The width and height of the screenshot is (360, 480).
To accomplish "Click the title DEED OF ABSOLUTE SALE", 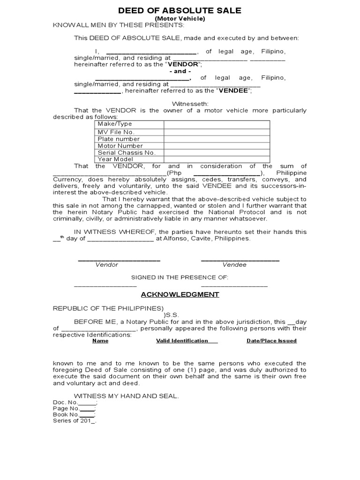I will point(180,10).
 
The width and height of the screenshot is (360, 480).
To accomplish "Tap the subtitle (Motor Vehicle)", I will point(180,18).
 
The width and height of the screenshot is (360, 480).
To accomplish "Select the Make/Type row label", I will point(115,124).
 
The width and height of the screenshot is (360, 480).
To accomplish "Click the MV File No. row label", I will point(116,132).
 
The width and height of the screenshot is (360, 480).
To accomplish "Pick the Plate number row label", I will point(119,139).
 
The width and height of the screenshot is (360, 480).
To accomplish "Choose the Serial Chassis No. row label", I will point(126,152).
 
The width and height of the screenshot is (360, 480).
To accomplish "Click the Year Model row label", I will point(115,159).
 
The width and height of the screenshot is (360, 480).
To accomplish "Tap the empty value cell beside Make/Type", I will point(217,124).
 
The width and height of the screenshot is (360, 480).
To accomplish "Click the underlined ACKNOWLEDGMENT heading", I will point(180,294).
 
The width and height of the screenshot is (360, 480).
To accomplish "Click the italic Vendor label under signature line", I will point(107,265).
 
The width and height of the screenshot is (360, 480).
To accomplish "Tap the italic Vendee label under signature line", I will point(234,265).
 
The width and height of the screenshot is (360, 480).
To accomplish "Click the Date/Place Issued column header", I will point(271,341).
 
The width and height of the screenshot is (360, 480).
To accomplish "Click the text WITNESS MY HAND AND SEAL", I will point(126,396).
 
